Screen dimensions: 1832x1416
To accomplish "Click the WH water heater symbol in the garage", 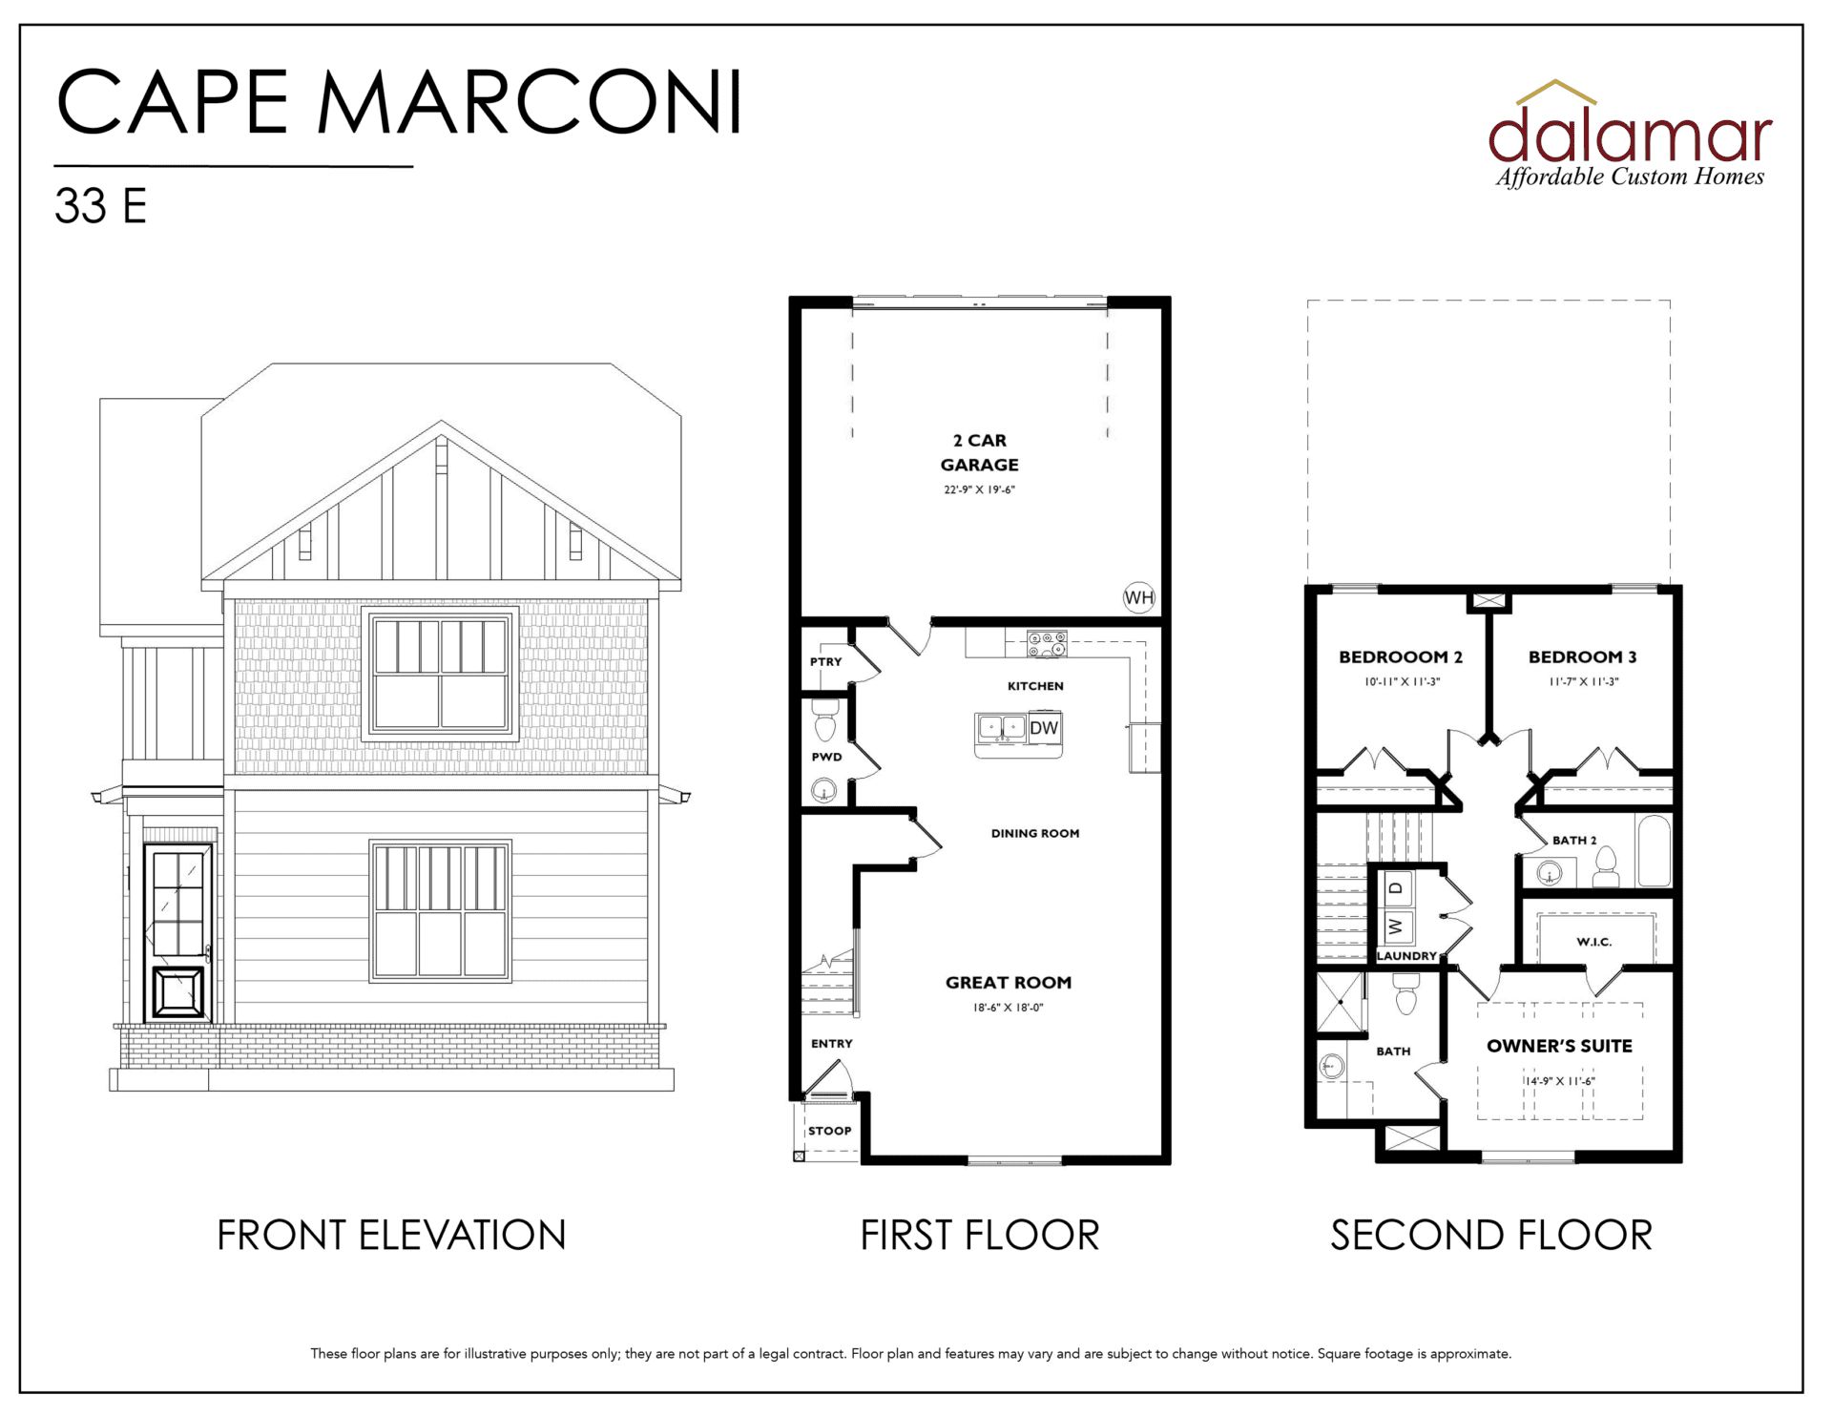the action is [x=1139, y=597].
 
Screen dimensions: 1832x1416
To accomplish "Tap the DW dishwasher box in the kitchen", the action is [x=1044, y=728].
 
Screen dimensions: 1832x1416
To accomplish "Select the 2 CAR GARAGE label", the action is [x=980, y=452].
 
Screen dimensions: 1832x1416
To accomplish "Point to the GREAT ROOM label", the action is [x=1009, y=983].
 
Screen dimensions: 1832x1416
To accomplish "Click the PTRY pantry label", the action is [x=826, y=661].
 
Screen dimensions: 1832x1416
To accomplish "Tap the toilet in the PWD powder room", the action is [x=824, y=719].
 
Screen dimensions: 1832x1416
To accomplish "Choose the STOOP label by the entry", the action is [x=830, y=1131].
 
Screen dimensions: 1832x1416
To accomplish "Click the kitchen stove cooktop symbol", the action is [x=1047, y=644].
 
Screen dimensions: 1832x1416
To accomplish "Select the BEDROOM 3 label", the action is [x=1583, y=656].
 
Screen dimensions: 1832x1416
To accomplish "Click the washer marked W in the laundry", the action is [x=1397, y=926].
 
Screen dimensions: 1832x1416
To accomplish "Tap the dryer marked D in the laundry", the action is [x=1397, y=887].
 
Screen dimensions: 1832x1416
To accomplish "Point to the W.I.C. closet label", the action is [x=1594, y=942].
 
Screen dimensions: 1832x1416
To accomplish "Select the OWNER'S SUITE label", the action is [x=1559, y=1046].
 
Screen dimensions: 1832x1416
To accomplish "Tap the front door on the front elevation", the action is [x=179, y=932].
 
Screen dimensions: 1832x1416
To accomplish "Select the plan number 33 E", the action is [x=101, y=206].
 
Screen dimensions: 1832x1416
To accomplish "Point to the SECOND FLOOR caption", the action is [x=1491, y=1236].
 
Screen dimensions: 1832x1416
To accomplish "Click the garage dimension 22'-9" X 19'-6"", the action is [x=980, y=489].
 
